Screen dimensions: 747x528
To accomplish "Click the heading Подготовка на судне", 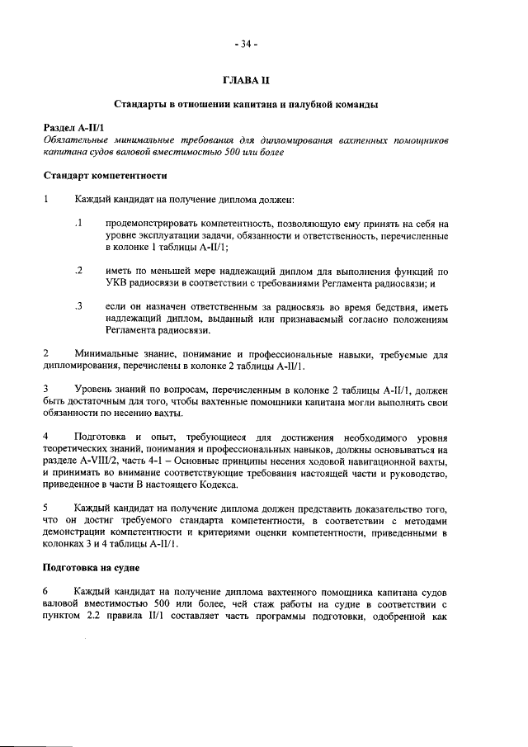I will tap(94, 569).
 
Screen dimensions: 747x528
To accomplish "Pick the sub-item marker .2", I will tap(78, 271).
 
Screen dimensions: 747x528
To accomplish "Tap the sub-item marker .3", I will tap(78, 307).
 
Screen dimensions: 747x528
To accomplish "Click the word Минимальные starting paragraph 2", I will tap(106, 356).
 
